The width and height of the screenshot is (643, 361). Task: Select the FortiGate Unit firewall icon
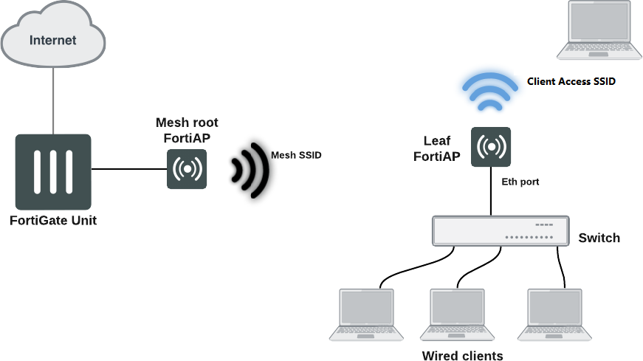pos(53,171)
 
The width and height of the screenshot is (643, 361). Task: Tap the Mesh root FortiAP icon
pos(187,169)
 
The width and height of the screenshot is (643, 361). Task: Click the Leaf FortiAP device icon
pos(491,147)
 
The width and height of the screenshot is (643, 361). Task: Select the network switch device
pos(501,230)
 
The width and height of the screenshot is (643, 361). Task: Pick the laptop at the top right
pos(599,30)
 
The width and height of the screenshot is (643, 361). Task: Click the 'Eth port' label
pos(520,180)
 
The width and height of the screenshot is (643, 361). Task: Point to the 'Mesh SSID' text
pos(297,155)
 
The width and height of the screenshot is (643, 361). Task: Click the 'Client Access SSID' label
pos(571,82)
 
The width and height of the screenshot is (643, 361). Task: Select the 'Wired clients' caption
pos(462,356)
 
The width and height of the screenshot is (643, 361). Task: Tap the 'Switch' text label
pos(599,238)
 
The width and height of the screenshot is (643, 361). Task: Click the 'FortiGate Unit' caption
pos(53,220)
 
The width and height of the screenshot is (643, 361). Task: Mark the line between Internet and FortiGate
pos(53,100)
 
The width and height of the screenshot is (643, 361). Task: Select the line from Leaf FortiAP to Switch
pos(492,191)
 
